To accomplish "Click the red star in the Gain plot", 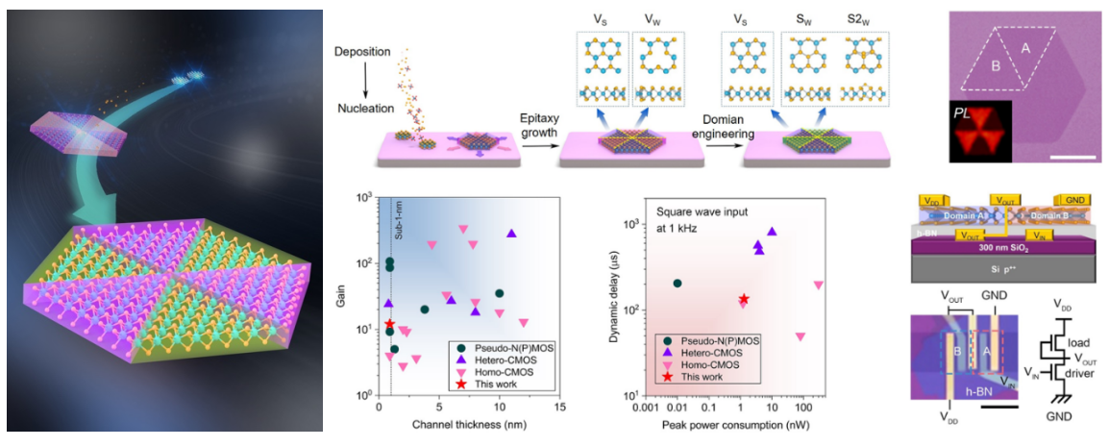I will click(389, 325).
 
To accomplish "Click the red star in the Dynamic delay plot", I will click(743, 299).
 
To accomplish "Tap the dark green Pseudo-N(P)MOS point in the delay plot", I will click(678, 284).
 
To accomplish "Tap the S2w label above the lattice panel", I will click(866, 18).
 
